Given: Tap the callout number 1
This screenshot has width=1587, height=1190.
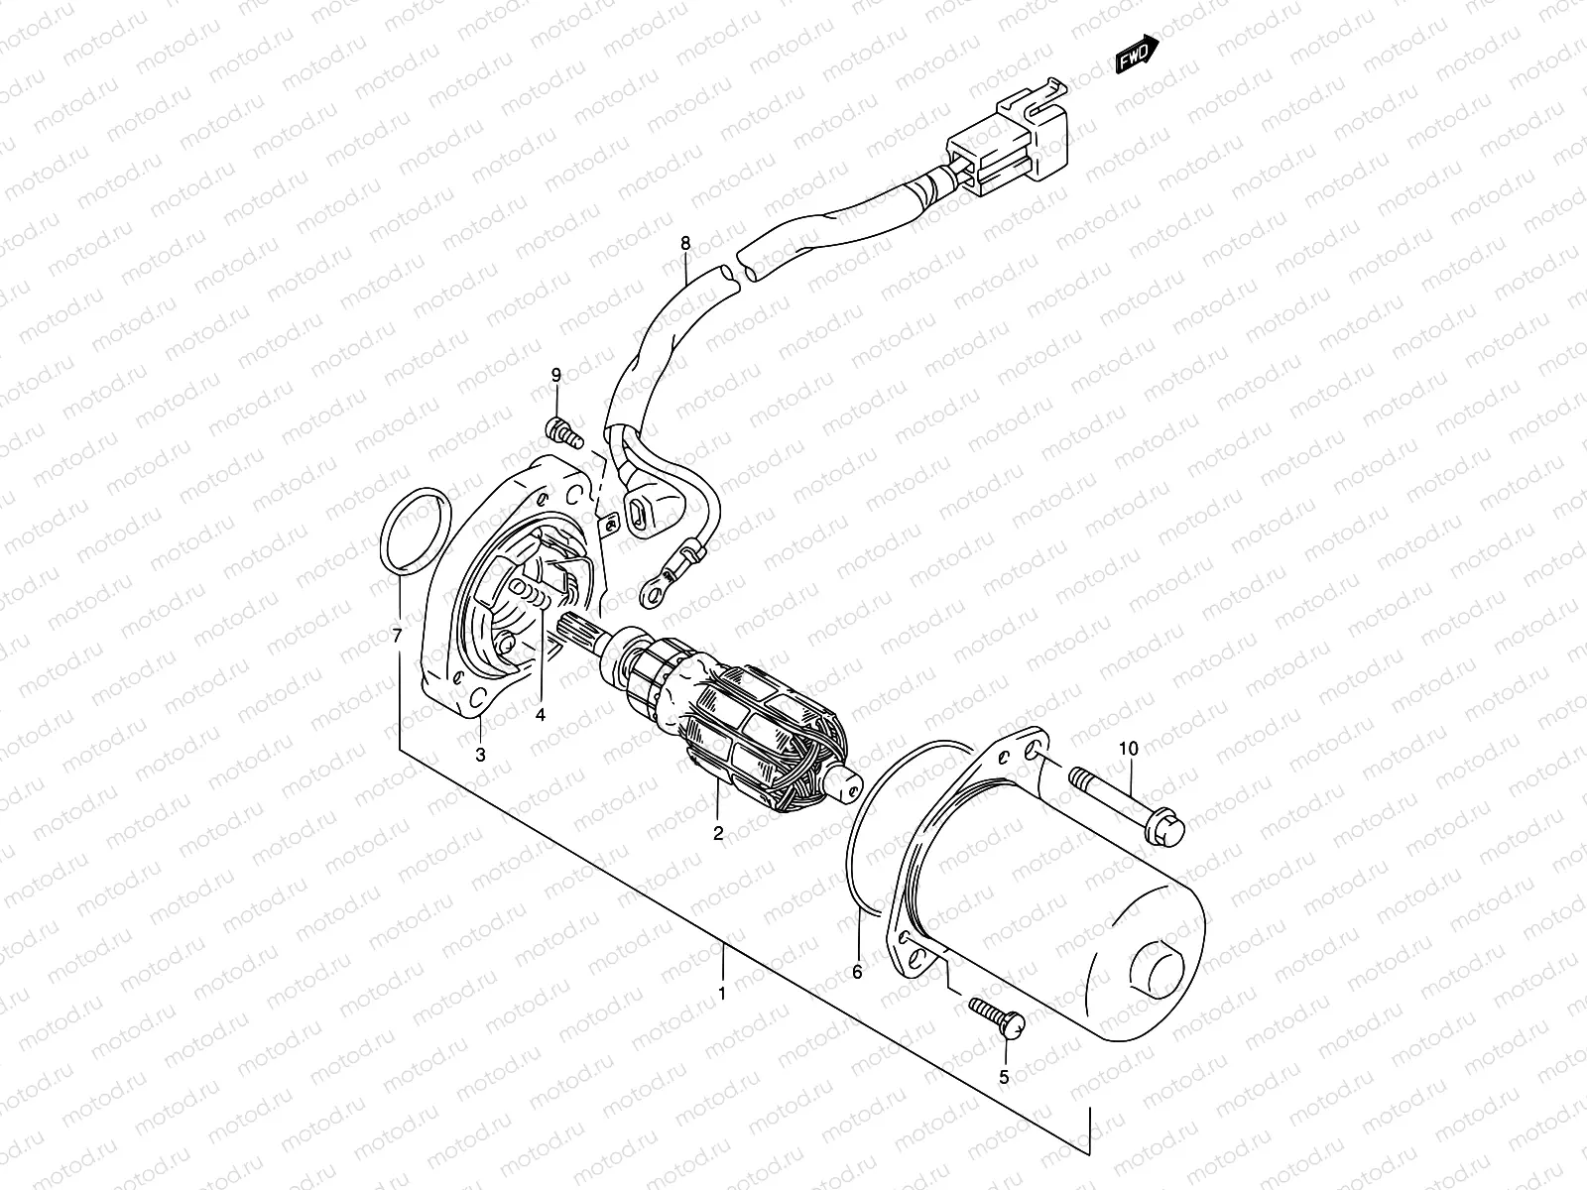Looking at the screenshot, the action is [722, 993].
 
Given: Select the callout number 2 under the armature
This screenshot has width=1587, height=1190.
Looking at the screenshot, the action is [718, 834].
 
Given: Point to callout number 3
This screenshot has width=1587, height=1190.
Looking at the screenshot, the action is [480, 755].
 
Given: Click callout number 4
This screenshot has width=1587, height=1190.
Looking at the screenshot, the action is [542, 713].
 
